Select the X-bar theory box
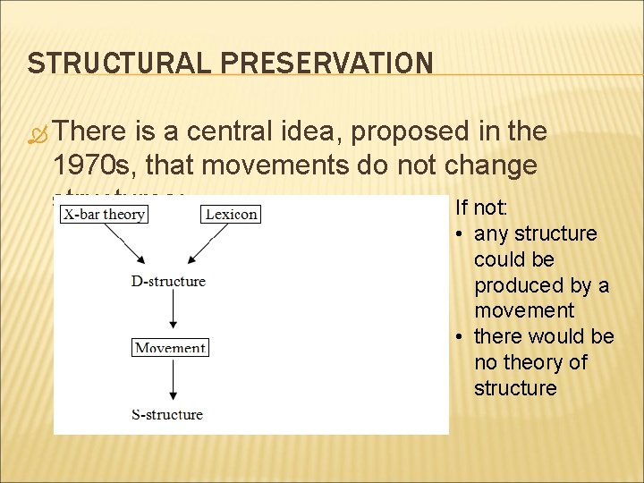pos(104,214)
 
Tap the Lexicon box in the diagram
pos(231,214)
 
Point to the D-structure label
pos(168,281)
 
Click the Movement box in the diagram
pos(170,348)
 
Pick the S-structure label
pos(167,414)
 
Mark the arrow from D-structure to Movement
pos(172,313)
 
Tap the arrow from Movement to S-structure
pos(172,380)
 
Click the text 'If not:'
pos(481,208)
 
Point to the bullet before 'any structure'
pos(459,234)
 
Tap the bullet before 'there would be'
pos(459,337)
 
